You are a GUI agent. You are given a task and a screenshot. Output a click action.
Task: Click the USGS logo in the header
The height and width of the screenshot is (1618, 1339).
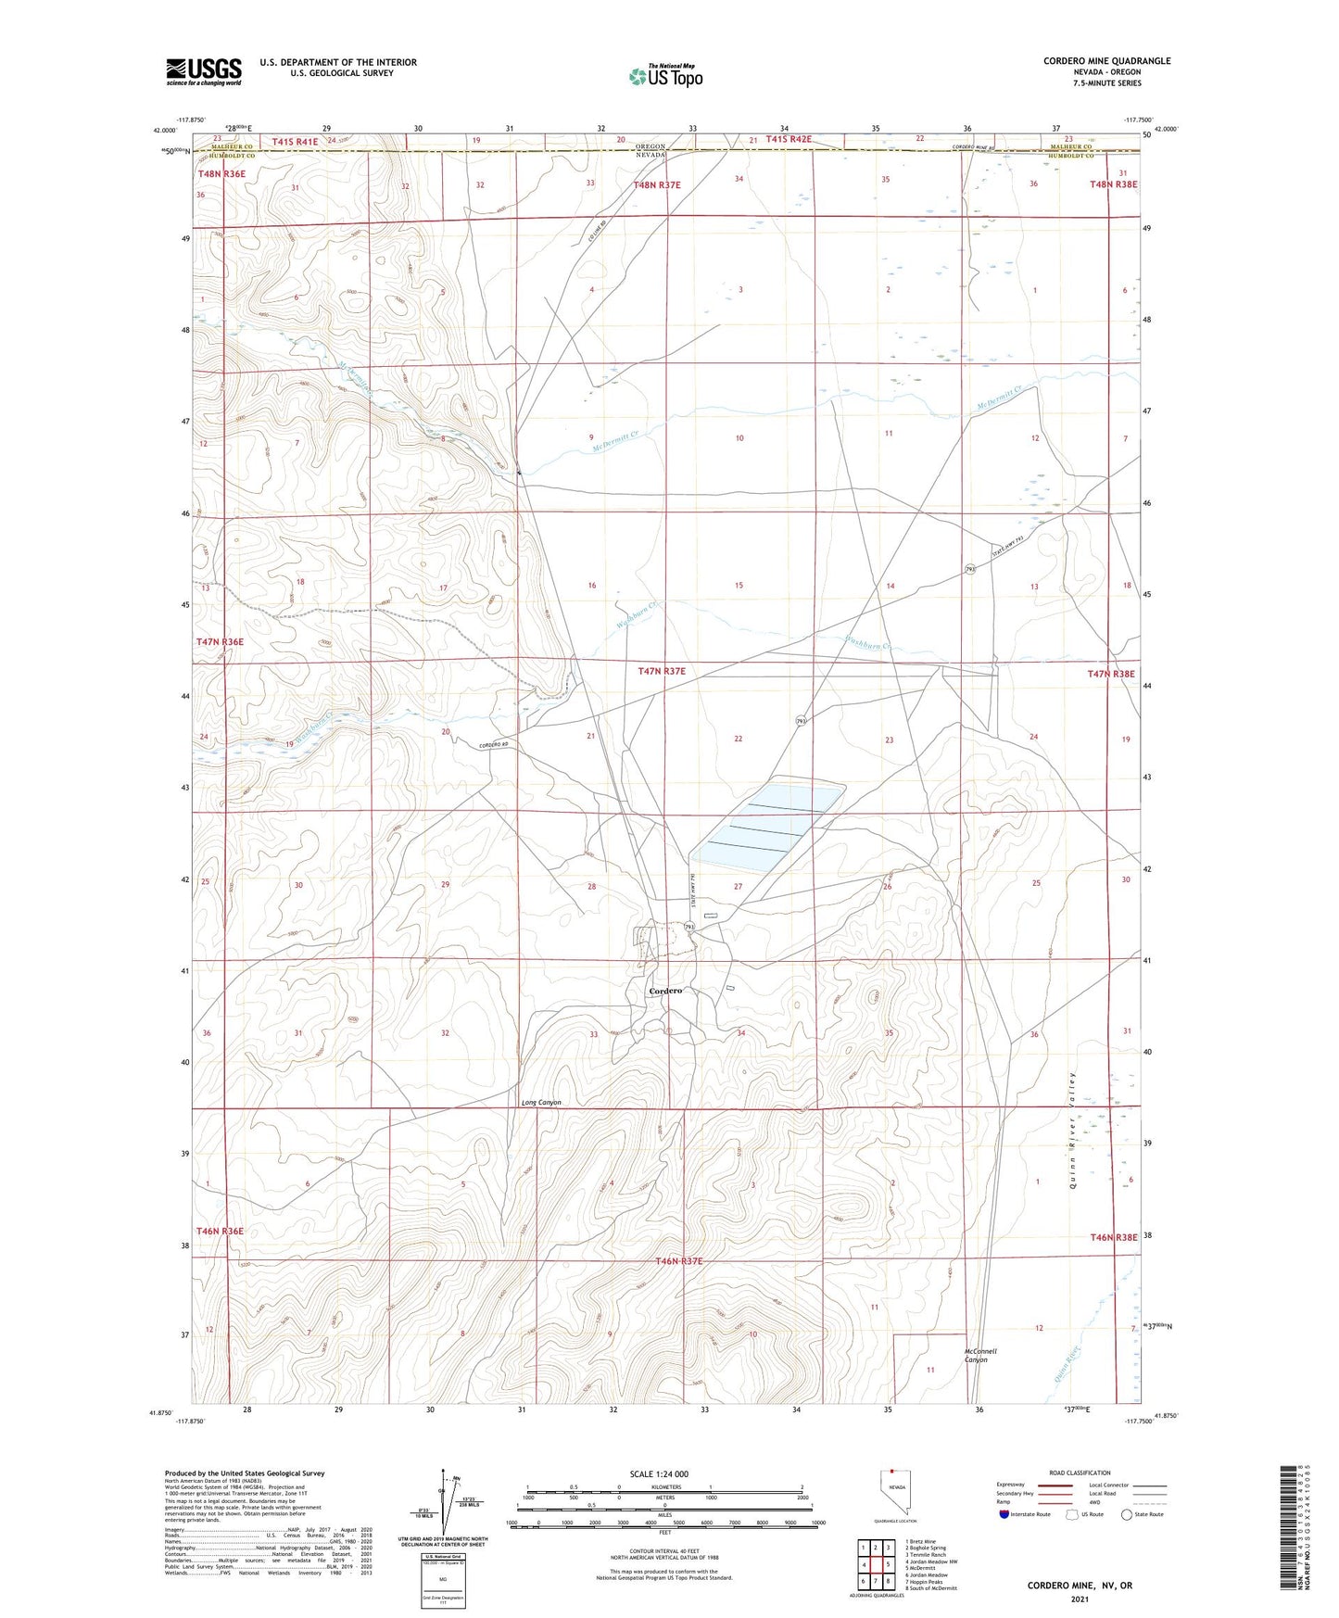pyautogui.click(x=204, y=71)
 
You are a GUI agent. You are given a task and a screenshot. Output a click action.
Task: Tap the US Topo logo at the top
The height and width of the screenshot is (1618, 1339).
pyautogui.click(x=665, y=76)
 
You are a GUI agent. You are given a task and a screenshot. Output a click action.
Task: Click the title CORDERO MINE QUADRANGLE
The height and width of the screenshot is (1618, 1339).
pyautogui.click(x=1106, y=61)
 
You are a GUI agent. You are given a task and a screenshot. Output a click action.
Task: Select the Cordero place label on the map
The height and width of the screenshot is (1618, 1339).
pyautogui.click(x=665, y=991)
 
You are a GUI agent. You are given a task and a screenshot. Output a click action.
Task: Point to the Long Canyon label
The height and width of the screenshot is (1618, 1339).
pyautogui.click(x=541, y=1103)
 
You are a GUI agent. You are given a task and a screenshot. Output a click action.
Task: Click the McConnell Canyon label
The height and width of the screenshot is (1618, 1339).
pyautogui.click(x=980, y=1356)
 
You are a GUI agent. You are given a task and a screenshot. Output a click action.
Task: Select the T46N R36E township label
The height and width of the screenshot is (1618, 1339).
pyautogui.click(x=220, y=1231)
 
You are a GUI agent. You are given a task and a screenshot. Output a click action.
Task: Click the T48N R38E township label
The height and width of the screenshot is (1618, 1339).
pyautogui.click(x=1113, y=184)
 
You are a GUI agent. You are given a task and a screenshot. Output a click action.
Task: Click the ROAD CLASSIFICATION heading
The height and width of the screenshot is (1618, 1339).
pyautogui.click(x=1080, y=1473)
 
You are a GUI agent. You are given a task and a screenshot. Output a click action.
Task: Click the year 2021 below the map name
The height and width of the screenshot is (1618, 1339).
pyautogui.click(x=1079, y=1599)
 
